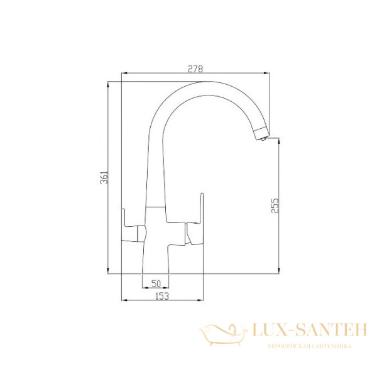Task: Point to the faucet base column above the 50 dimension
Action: pos(156,258)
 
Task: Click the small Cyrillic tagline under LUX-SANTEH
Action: pos(308,346)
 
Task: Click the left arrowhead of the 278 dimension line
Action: pos(123,75)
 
